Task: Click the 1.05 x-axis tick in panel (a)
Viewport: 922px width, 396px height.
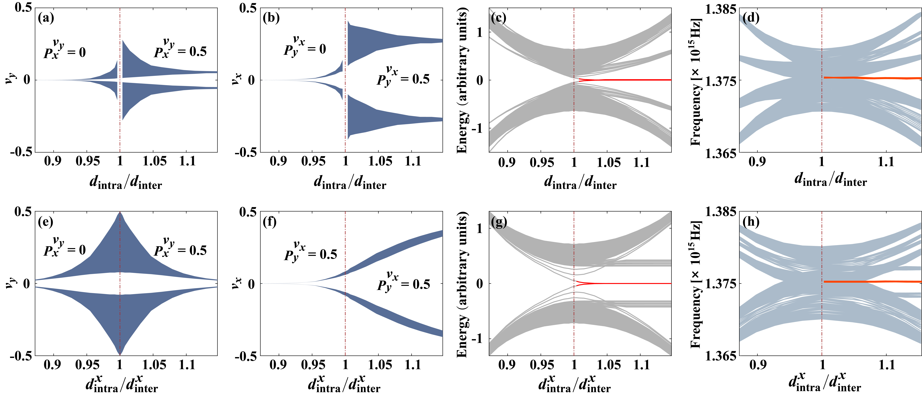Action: (x=155, y=161)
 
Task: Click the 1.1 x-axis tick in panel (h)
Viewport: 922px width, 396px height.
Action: (x=886, y=365)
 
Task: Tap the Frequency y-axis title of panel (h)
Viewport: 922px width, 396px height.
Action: (x=695, y=284)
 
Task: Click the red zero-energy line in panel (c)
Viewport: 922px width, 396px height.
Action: (x=626, y=80)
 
